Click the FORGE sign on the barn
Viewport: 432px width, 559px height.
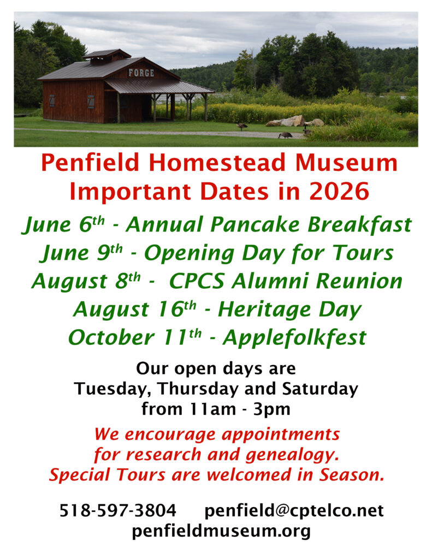[141, 73]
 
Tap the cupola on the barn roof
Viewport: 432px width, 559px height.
[107, 57]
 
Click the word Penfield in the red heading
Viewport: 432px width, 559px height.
[90, 163]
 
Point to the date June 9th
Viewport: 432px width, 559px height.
[82, 253]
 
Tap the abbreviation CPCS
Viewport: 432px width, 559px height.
[197, 281]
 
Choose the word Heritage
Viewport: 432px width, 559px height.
[264, 310]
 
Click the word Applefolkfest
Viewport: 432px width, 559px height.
[295, 337]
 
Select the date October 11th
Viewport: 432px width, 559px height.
[135, 337]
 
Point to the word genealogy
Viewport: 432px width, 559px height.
[292, 455]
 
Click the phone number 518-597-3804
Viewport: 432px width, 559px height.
[118, 510]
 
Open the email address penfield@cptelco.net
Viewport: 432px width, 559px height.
[294, 510]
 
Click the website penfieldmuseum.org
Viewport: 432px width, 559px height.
[221, 531]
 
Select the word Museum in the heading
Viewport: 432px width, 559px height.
[346, 163]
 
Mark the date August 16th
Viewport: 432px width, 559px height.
[135, 310]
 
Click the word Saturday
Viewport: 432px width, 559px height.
[320, 389]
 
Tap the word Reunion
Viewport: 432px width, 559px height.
[359, 281]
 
